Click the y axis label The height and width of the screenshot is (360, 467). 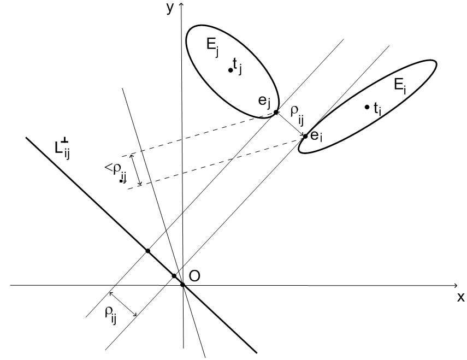point(169,9)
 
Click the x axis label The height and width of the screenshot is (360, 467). point(461,297)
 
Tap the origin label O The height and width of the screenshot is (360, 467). point(194,276)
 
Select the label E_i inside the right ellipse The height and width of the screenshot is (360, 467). point(400,86)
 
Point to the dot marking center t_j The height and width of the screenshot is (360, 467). point(230,70)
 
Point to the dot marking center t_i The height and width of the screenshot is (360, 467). point(367,107)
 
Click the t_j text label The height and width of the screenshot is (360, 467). point(238,66)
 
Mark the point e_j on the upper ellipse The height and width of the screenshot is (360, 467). point(276,113)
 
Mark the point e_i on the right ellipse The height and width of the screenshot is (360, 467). point(305,137)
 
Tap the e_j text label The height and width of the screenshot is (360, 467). point(264,102)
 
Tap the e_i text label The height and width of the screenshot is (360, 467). point(316,137)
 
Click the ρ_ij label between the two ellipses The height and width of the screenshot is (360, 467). point(297,115)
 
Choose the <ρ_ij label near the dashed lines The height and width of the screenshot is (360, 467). point(116,173)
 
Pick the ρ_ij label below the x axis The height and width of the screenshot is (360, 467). point(110,315)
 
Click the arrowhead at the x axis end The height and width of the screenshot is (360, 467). point(456,286)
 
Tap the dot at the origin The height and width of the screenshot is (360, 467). point(183,285)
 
